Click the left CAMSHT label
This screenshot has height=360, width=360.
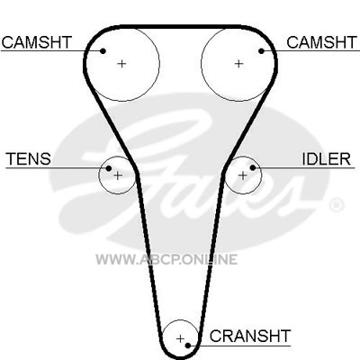(37, 42)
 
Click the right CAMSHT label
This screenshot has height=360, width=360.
(322, 42)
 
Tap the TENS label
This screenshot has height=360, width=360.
(29, 158)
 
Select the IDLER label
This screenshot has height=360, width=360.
(326, 158)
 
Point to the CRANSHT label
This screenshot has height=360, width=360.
(250, 337)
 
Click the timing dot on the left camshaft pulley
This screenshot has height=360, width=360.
(103, 51)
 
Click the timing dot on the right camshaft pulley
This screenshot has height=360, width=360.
(261, 51)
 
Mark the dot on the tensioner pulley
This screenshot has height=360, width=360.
(109, 168)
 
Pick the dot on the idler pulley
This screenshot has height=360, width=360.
(253, 167)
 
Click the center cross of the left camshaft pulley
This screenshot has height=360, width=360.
(121, 64)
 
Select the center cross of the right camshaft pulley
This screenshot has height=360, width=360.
(238, 64)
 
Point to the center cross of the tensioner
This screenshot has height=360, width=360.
(118, 175)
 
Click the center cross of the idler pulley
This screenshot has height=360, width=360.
(242, 175)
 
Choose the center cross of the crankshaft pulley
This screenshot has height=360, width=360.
(180, 339)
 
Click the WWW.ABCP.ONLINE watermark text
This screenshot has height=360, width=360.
(166, 259)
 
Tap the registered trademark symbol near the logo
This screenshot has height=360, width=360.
(337, 205)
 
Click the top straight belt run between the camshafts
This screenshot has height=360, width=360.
(180, 27)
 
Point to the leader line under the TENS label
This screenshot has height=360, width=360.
(57, 168)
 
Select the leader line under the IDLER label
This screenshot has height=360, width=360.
(304, 167)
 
